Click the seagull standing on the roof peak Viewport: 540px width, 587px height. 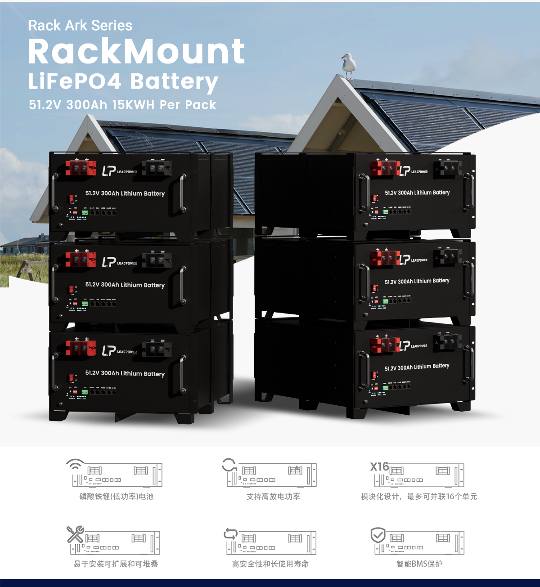tap(348, 66)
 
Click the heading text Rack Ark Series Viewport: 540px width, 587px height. tap(80, 26)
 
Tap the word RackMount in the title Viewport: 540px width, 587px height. tap(136, 51)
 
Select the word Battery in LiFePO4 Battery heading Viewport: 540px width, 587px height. tap(174, 82)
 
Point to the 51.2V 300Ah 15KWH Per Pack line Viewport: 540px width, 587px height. tap(122, 105)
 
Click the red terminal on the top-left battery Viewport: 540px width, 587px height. tap(81, 168)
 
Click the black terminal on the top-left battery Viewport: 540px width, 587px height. tap(157, 168)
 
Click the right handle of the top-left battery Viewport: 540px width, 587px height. tap(183, 193)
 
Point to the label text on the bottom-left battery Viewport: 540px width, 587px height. tap(125, 373)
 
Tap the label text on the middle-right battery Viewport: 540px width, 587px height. tap(417, 281)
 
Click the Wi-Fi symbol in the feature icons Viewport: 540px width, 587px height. tap(75, 464)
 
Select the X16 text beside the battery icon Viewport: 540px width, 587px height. tap(379, 467)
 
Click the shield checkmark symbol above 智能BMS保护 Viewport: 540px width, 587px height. tap(378, 535)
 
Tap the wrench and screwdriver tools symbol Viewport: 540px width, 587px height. tap(75, 534)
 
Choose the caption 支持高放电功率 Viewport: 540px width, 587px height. tap(273, 497)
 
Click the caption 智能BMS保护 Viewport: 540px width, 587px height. tap(419, 564)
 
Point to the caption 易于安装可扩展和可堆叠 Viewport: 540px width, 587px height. tap(116, 564)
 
